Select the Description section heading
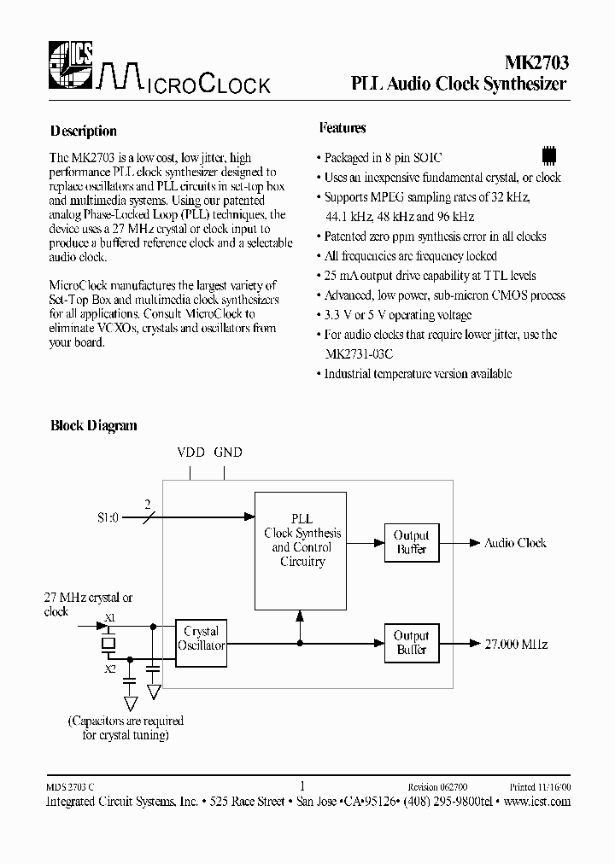(83, 131)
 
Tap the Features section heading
(343, 128)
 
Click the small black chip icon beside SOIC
(549, 156)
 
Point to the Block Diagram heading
(94, 425)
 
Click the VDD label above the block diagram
(190, 452)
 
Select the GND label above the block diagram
(228, 452)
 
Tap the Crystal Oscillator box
(201, 639)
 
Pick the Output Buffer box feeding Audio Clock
(412, 542)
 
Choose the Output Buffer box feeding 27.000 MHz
(412, 642)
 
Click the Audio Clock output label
(515, 543)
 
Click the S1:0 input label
(108, 517)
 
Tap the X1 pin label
(108, 617)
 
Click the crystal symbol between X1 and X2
(108, 642)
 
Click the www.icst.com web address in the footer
(536, 802)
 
